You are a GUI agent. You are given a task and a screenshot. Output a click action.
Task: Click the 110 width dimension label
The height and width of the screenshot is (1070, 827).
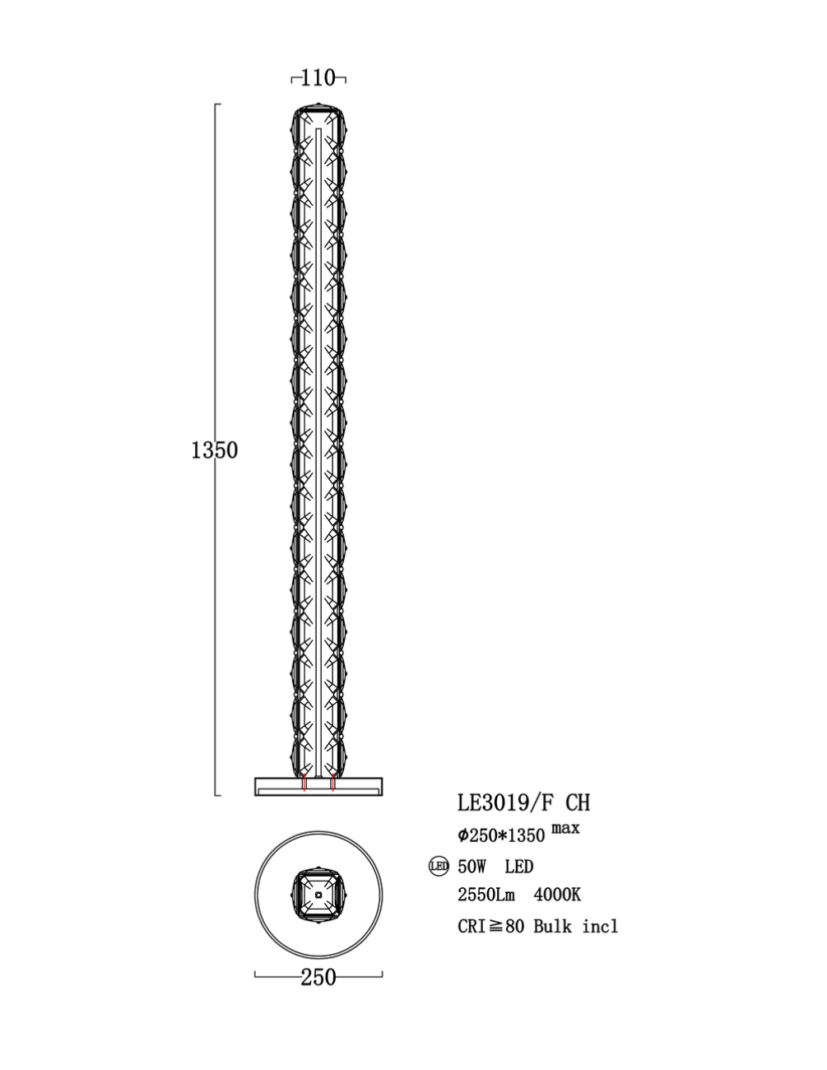318,78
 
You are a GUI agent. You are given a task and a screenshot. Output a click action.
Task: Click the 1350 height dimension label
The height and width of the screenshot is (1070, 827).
214,450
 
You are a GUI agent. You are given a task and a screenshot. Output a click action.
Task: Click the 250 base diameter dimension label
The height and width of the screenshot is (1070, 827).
318,977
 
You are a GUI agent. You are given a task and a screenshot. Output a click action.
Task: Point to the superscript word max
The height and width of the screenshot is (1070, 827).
565,828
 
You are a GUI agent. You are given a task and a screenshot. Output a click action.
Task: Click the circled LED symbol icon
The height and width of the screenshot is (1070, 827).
439,866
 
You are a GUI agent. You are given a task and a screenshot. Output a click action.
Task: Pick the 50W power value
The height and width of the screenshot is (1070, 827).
473,867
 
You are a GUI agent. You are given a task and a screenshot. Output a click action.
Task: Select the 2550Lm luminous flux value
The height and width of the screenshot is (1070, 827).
486,896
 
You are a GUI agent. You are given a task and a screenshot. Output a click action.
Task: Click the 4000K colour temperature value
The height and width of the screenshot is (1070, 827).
557,896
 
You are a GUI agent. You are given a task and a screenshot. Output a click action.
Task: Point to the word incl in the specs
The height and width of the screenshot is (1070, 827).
600,926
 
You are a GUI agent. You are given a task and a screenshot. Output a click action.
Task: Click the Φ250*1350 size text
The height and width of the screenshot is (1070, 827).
501,835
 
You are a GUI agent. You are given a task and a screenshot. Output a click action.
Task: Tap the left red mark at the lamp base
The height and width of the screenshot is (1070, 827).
304,784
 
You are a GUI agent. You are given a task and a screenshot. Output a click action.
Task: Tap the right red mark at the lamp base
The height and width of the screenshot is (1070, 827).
332,784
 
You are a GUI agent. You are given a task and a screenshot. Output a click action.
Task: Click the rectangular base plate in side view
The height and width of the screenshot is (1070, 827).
318,786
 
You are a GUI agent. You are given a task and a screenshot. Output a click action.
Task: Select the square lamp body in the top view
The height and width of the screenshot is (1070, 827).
318,895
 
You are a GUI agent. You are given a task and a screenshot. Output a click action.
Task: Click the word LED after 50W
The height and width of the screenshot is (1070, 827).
519,867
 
